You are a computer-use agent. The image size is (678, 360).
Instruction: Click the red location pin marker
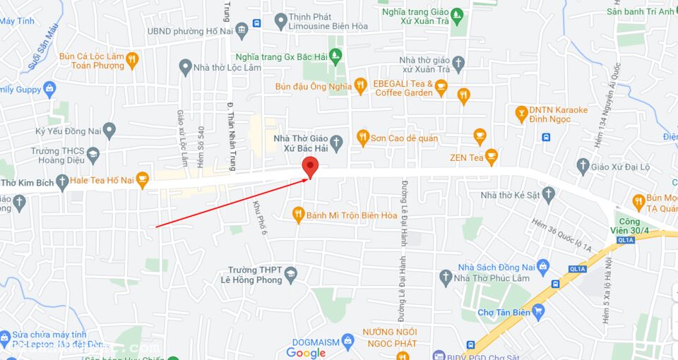(x=310, y=167)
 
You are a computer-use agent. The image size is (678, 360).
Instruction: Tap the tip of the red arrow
(x=309, y=179)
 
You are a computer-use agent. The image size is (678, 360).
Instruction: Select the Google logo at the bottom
(x=306, y=353)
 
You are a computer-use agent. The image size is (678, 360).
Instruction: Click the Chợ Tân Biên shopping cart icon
(x=538, y=311)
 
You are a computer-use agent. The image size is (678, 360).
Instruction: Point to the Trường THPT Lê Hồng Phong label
(x=255, y=275)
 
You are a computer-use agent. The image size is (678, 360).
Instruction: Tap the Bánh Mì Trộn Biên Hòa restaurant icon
(x=298, y=214)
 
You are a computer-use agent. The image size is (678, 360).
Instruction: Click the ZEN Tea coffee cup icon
(x=492, y=157)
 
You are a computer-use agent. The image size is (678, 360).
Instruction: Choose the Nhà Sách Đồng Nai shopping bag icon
(x=542, y=266)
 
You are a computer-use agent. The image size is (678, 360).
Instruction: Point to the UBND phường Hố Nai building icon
(x=242, y=30)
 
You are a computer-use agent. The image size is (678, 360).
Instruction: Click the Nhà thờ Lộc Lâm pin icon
(x=185, y=67)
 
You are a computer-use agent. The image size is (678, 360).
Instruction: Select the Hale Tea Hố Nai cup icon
(x=142, y=179)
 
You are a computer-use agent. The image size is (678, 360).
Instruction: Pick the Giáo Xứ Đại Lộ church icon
(x=583, y=166)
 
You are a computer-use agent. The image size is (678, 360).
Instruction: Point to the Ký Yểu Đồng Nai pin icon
(x=109, y=131)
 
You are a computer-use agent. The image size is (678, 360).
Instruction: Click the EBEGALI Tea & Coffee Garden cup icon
(x=441, y=88)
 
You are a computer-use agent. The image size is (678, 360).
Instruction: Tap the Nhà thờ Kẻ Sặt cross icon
(x=548, y=194)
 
